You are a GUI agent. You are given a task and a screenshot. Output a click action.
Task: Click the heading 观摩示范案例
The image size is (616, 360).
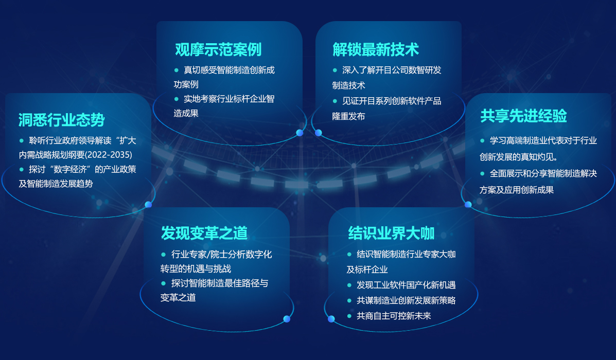click(x=218, y=49)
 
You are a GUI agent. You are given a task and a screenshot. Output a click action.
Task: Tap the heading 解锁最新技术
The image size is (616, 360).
click(x=376, y=49)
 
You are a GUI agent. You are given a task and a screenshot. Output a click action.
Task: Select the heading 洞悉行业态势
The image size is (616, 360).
click(x=61, y=120)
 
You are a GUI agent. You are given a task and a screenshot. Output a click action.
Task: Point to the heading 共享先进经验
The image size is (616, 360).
click(x=523, y=116)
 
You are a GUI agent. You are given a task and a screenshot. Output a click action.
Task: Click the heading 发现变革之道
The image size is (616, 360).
click(x=204, y=233)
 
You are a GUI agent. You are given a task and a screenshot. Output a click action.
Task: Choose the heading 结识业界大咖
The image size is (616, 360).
click(x=391, y=233)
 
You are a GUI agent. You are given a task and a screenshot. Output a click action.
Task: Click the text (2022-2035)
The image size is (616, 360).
click(x=109, y=155)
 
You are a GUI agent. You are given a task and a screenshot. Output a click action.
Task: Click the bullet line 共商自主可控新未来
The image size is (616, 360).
click(x=394, y=316)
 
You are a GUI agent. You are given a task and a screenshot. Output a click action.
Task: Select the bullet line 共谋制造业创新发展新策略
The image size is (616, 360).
click(x=406, y=300)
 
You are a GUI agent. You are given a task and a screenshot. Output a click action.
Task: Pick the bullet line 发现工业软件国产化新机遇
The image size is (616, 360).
click(x=406, y=285)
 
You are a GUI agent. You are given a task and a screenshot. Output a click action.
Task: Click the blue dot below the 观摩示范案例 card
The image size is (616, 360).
click(x=300, y=133)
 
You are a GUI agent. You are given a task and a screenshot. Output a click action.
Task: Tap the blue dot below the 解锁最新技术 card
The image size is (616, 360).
click(x=319, y=133)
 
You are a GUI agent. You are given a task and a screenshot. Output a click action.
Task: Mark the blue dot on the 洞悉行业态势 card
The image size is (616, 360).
click(x=149, y=205)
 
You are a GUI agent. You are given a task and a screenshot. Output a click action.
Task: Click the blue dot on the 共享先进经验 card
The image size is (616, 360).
click(x=468, y=205)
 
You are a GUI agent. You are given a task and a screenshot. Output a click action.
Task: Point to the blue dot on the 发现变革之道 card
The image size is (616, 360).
click(x=287, y=319)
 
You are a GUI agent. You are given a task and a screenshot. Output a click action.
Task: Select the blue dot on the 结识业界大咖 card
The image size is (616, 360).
click(x=331, y=319)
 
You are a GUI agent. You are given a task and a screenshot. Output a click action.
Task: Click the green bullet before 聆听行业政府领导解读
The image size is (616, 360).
click(x=22, y=140)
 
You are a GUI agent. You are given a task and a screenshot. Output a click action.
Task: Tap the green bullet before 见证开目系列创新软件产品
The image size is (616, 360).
click(x=335, y=101)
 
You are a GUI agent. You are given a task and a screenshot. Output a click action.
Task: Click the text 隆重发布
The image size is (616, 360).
click(x=348, y=116)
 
